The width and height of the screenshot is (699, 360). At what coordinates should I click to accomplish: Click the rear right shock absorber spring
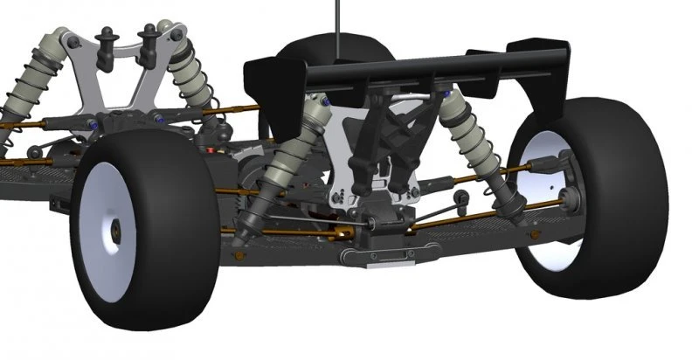pyautogui.click(x=472, y=131)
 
